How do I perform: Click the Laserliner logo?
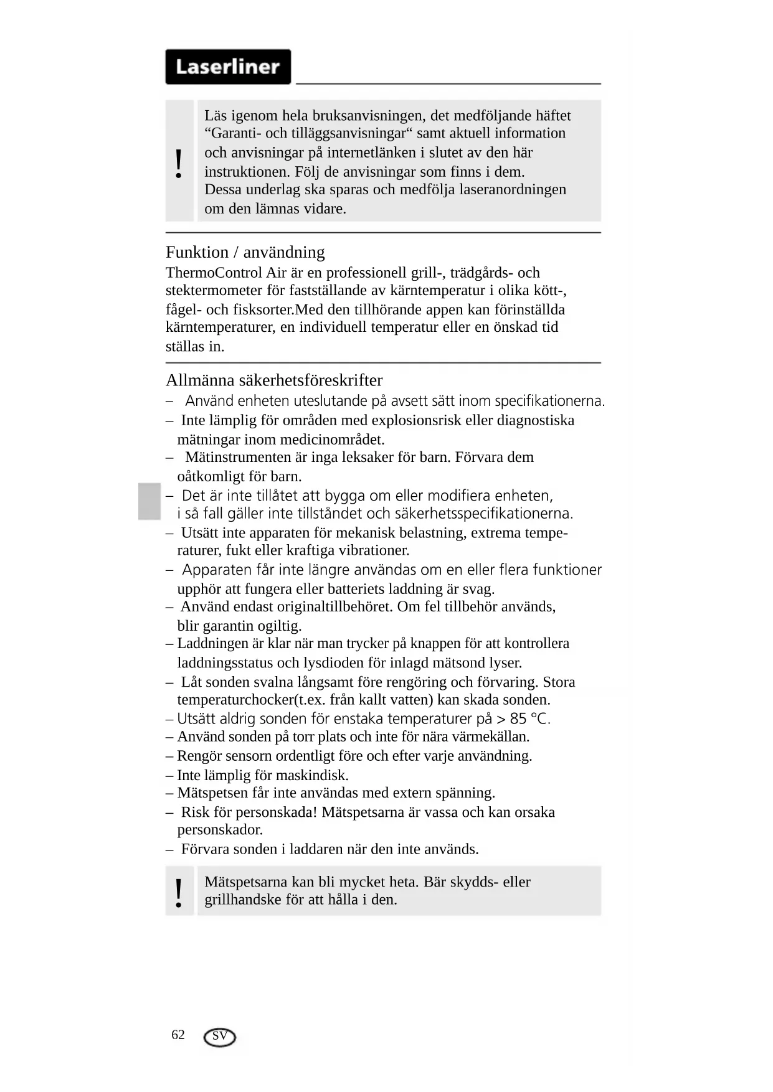[228, 67]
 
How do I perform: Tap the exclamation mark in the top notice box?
[179, 164]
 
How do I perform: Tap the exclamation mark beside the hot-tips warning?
[179, 893]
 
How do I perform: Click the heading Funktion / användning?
[245, 252]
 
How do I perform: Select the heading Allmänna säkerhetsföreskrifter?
[274, 380]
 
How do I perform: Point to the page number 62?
[178, 1035]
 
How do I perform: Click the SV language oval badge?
[220, 1037]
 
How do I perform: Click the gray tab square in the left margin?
[149, 501]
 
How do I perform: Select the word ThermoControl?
[214, 273]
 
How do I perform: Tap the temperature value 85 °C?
[529, 718]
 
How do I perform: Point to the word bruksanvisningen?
[360, 116]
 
